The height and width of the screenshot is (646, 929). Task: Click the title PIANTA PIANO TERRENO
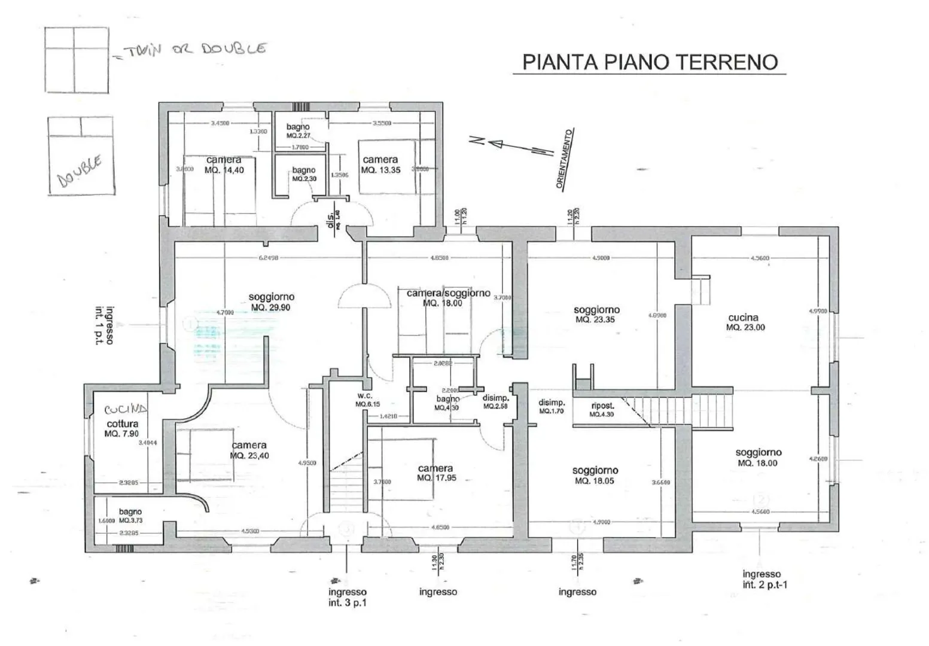650,62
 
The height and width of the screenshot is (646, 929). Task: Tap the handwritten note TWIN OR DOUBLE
193,50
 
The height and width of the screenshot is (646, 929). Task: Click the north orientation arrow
511,145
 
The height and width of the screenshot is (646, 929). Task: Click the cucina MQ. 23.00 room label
745,322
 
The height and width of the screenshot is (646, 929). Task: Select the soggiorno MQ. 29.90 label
271,302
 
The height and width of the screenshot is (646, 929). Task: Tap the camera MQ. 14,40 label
224,165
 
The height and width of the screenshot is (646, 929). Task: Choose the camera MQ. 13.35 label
380,164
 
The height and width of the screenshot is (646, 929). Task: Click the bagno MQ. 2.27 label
298,131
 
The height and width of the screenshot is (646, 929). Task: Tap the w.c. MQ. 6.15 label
365,400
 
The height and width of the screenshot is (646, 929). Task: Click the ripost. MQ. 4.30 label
602,410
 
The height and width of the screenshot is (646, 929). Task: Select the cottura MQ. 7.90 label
122,428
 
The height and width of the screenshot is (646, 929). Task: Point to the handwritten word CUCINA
126,410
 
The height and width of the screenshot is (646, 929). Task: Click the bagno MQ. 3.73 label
130,516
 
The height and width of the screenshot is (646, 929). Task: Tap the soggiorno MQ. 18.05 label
595,476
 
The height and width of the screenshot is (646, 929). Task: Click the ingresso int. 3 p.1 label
347,597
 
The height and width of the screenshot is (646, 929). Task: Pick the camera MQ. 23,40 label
249,450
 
